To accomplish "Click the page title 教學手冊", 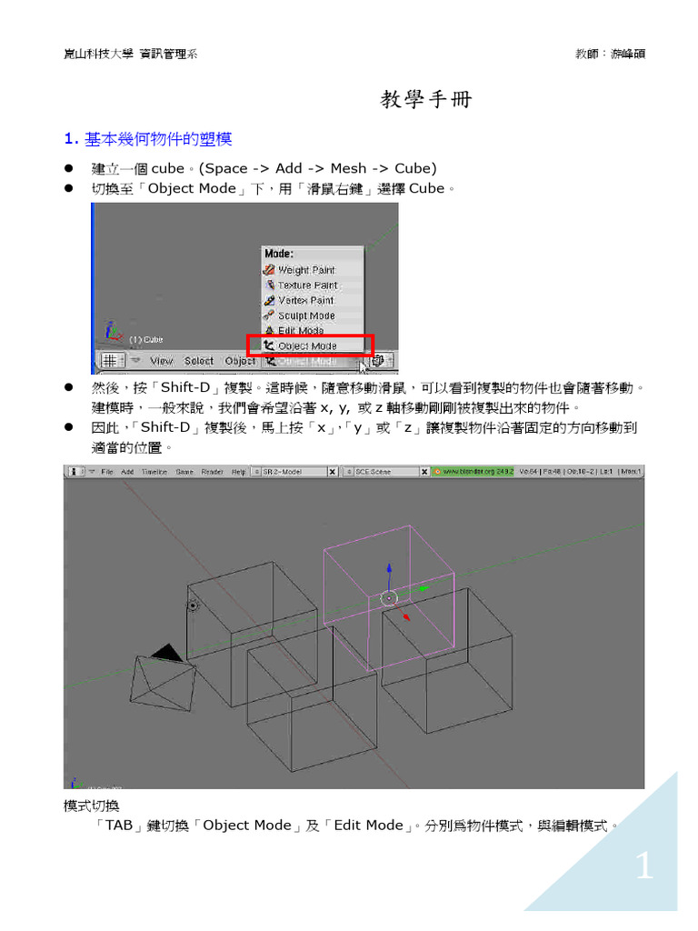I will click(426, 100).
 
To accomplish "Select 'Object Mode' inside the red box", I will click(306, 345).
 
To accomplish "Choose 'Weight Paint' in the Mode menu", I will click(305, 270).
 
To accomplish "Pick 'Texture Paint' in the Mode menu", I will click(306, 285).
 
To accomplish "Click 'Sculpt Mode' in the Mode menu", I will click(305, 315).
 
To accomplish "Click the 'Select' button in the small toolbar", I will click(198, 361).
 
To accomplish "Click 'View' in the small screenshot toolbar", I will click(161, 361).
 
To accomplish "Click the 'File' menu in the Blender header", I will click(107, 472).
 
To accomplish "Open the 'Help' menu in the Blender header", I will click(238, 472).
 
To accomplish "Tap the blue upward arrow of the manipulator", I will click(389, 568).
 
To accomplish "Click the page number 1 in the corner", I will click(643, 867).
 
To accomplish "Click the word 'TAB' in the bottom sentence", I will click(118, 826).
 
